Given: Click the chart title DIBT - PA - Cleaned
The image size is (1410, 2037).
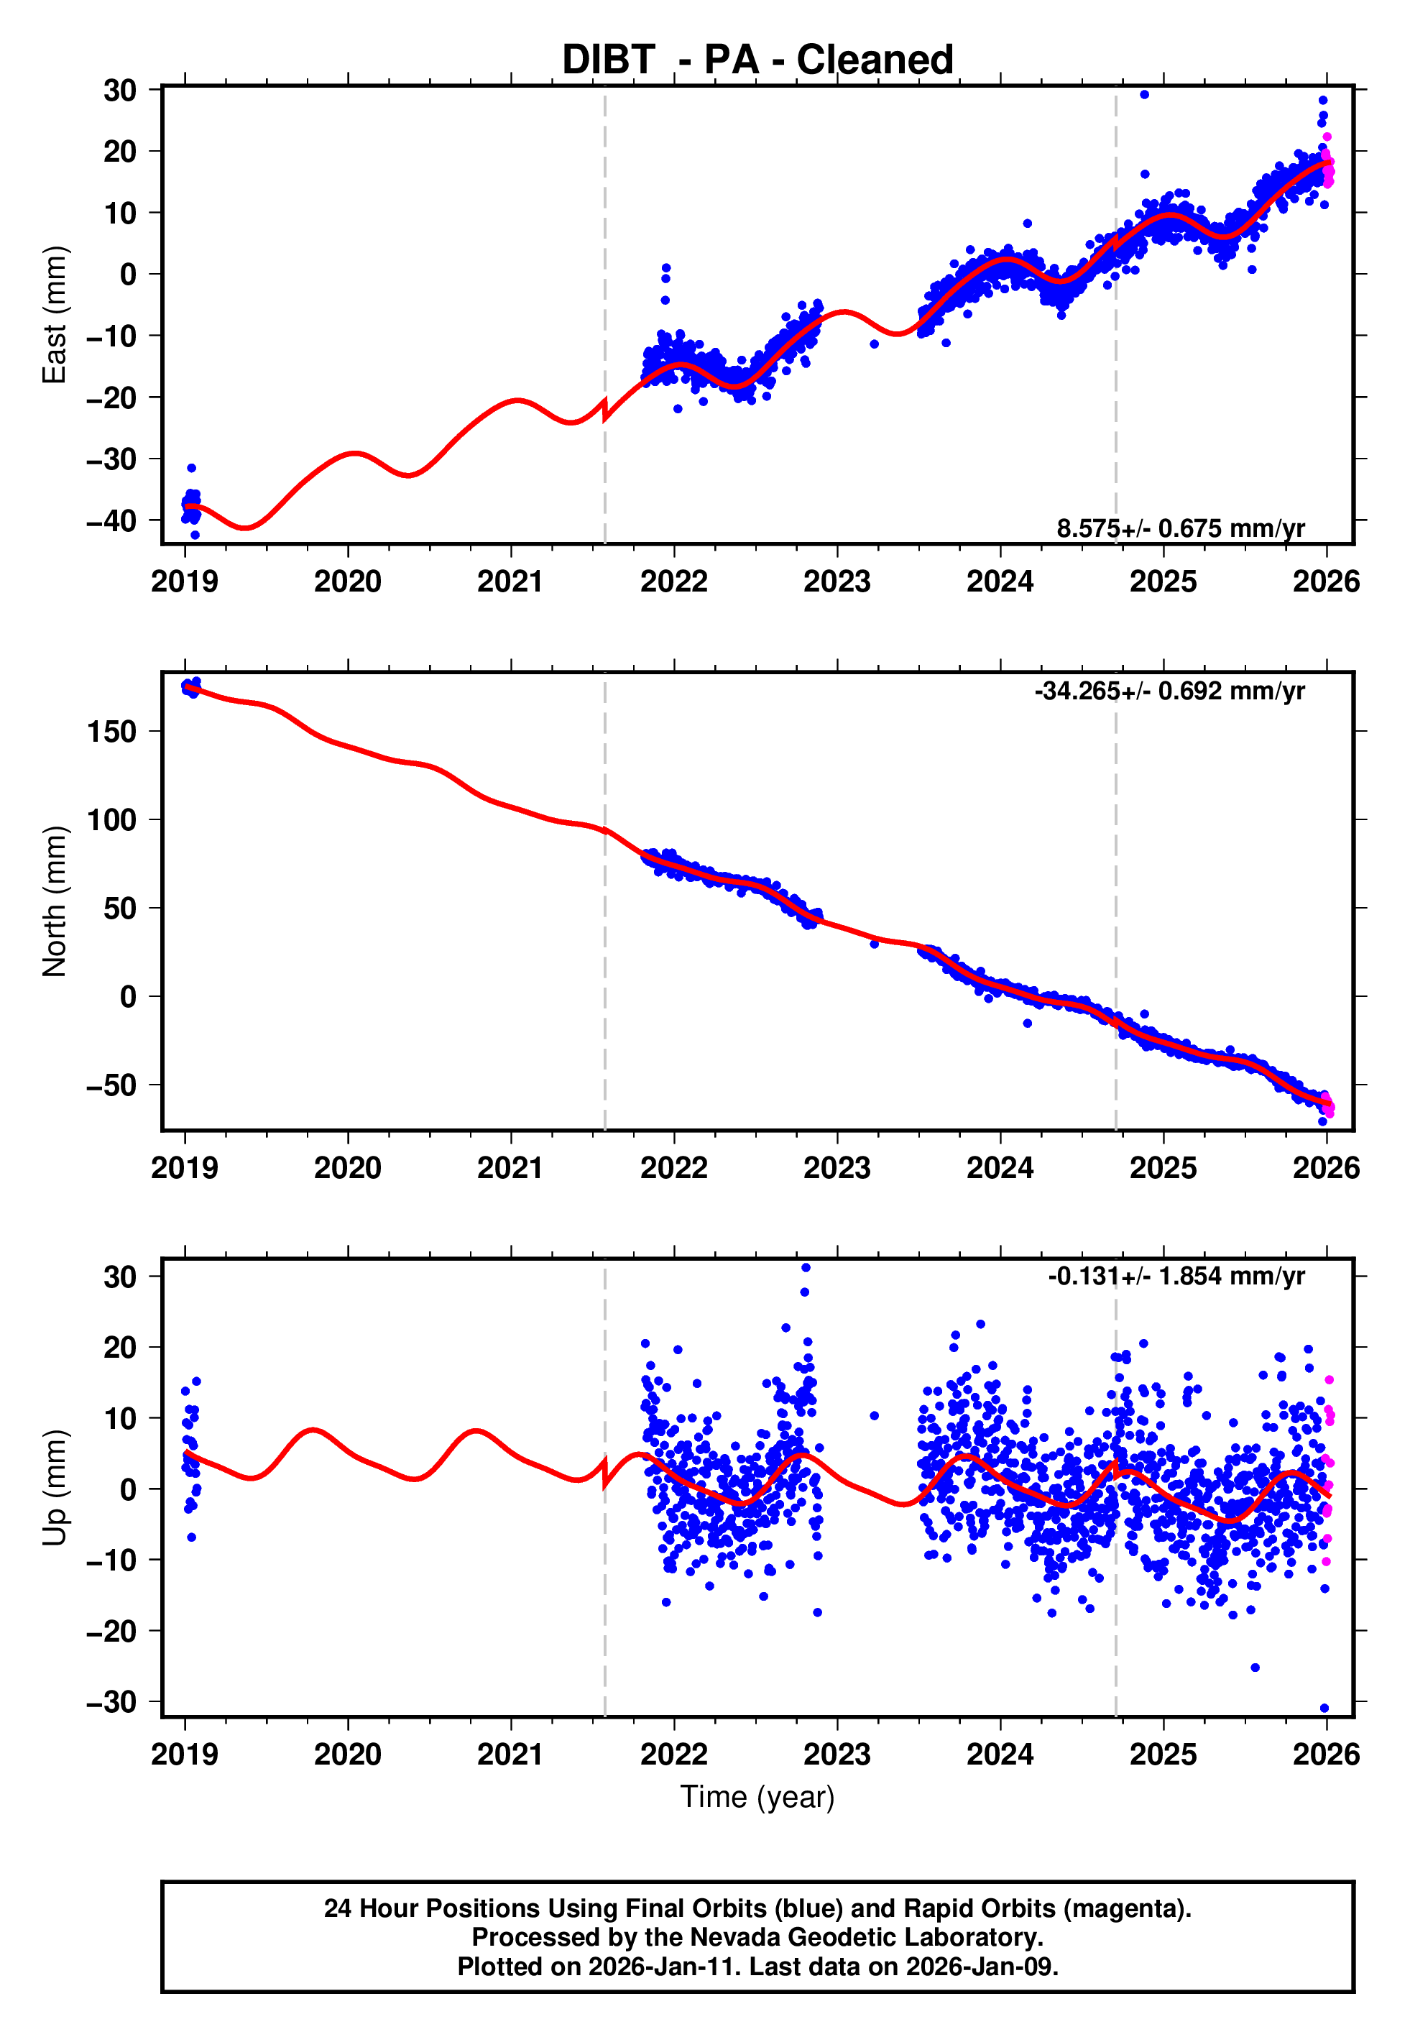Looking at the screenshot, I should (757, 60).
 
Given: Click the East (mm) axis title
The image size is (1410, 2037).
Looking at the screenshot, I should (55, 315).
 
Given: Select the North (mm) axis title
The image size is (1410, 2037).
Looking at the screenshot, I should (55, 901).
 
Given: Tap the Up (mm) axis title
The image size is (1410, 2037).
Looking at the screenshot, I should (55, 1488).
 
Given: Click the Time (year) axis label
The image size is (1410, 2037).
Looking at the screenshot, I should (757, 1797).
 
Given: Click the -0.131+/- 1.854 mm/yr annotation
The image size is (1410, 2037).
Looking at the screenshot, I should (1176, 1277).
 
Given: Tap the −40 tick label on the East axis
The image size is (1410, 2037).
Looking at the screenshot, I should (111, 521).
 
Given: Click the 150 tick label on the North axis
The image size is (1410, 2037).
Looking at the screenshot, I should (111, 732).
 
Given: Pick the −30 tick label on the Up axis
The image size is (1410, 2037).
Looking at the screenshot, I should (111, 1702).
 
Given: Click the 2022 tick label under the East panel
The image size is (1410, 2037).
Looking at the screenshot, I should (674, 582).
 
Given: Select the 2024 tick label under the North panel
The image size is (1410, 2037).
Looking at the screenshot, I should (1000, 1169).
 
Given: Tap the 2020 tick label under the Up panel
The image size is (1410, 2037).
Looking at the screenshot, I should (348, 1755).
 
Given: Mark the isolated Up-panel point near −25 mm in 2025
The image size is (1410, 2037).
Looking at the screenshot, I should (1255, 1668).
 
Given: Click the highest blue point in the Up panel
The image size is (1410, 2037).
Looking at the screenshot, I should (806, 1268).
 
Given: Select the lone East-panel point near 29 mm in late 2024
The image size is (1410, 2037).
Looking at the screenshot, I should (1144, 94).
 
